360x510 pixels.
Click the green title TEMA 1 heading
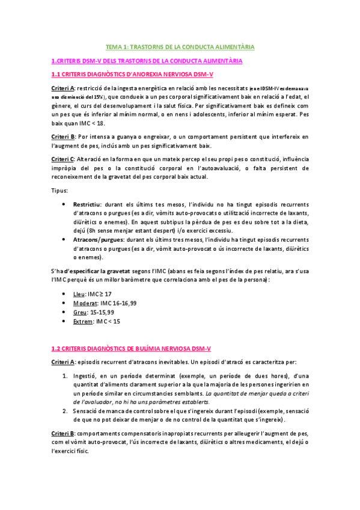[x=180, y=46]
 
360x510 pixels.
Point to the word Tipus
[x=59, y=191]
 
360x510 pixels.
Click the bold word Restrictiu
[x=87, y=204]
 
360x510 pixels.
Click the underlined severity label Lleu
[x=79, y=293]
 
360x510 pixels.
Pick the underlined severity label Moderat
[x=85, y=303]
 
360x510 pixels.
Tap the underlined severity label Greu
[x=79, y=312]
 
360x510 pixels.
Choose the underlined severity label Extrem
[x=83, y=321]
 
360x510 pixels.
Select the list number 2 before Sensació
[x=66, y=410]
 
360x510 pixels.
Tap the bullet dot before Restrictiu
[x=64, y=204]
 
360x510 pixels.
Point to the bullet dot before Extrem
[x=64, y=321]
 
